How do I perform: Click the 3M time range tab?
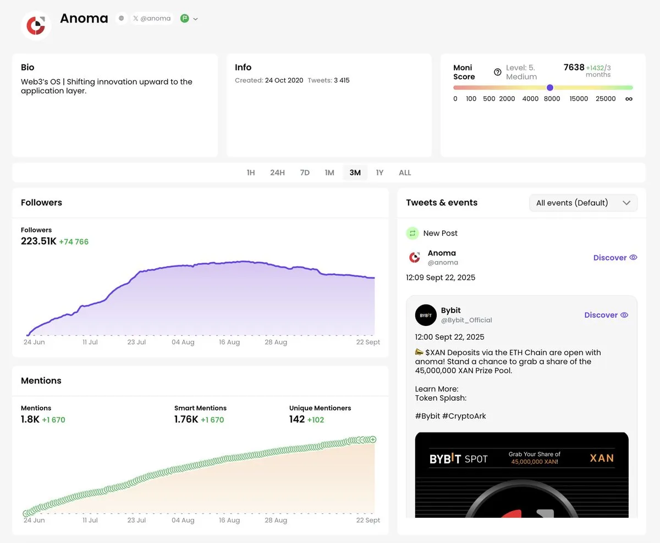point(355,173)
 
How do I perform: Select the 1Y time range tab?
point(380,173)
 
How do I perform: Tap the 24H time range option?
point(277,173)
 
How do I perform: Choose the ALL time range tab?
point(405,173)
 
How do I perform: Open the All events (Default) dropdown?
point(583,203)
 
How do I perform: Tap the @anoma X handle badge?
point(152,19)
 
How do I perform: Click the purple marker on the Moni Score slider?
point(550,87)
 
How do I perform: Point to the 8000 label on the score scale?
point(552,99)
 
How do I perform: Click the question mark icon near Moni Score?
point(498,72)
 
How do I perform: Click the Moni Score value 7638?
point(574,67)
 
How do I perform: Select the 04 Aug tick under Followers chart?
point(183,342)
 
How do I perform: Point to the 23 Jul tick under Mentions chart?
point(136,520)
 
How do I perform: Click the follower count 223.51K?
point(38,241)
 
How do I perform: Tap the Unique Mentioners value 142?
point(296,419)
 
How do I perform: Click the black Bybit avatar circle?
point(426,315)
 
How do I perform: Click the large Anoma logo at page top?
point(36,25)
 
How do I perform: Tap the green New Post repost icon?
point(413,233)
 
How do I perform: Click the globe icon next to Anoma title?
point(121,19)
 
